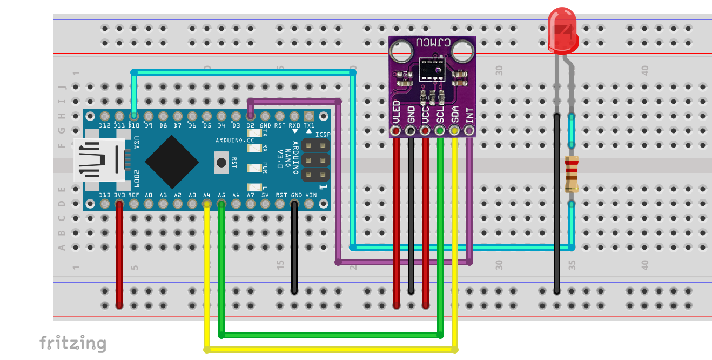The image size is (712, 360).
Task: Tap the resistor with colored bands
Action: [571, 174]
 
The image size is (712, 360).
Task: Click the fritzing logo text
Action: [73, 343]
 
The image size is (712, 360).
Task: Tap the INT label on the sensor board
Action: [469, 115]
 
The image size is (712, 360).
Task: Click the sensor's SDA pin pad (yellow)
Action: [454, 130]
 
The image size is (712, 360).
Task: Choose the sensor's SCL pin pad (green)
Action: [440, 130]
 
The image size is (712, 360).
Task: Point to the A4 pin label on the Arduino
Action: [206, 195]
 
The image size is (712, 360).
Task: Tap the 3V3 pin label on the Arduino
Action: [119, 195]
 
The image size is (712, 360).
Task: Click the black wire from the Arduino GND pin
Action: [294, 249]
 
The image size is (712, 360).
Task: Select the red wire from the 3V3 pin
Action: [119, 254]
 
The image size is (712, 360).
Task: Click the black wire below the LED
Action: [556, 200]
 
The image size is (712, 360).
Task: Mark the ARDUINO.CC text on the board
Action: [231, 139]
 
